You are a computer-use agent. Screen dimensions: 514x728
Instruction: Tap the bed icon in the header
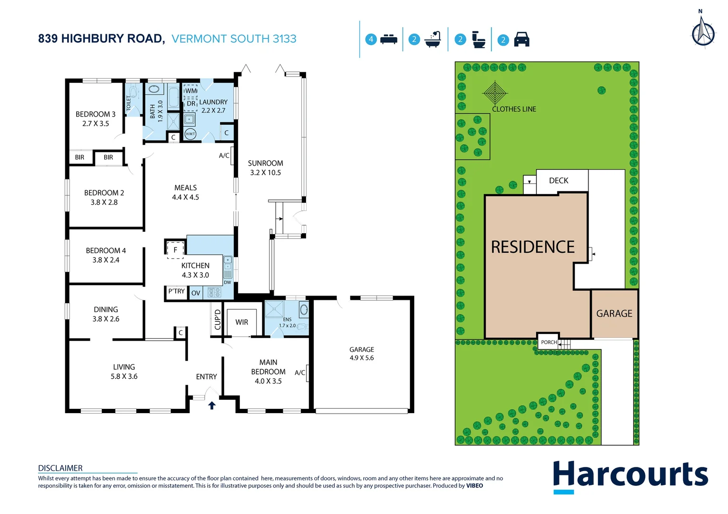tap(389, 39)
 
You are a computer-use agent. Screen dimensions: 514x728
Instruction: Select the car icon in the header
tap(522, 39)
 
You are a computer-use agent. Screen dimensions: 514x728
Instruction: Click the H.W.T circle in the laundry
tap(190, 134)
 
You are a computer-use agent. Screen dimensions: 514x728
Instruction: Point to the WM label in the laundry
tap(191, 90)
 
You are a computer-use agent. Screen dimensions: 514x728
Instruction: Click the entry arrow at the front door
tap(212, 405)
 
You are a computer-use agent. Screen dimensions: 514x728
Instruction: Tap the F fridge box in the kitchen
tap(175, 249)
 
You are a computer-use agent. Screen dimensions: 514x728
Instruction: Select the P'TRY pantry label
tap(176, 291)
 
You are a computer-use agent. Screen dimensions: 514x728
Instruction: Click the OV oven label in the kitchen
tap(196, 293)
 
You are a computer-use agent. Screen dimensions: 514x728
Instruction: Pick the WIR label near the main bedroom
tap(241, 322)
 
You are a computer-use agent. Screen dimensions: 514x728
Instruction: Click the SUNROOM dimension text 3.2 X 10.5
tap(265, 173)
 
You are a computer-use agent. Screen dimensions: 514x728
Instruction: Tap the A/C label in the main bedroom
tap(299, 373)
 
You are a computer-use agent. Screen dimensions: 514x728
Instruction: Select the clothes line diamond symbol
tap(495, 92)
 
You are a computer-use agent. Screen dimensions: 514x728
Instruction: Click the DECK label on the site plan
tap(558, 180)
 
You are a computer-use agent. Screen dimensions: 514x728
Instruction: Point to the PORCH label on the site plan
tap(548, 342)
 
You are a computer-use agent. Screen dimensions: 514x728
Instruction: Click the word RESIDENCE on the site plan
tap(533, 247)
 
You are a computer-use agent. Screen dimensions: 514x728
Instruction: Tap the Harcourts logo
tap(630, 476)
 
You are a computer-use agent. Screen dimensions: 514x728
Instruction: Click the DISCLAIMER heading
tap(60, 468)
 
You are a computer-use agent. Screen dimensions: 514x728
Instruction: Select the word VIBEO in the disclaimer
tap(474, 486)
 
